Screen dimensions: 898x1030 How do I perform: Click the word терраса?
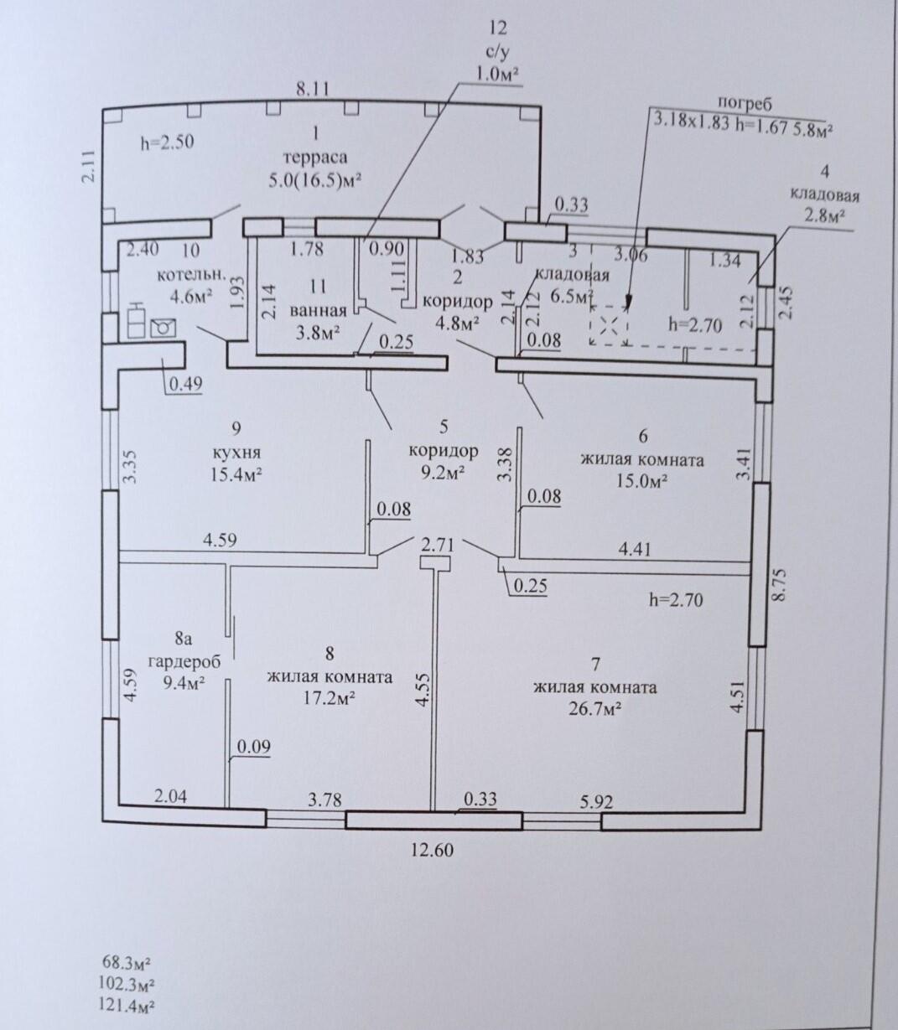[315, 158]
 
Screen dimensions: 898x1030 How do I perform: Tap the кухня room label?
[236, 452]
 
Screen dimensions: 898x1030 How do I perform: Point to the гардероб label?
[184, 662]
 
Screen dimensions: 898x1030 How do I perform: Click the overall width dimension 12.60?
[432, 850]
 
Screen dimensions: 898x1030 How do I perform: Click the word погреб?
[744, 106]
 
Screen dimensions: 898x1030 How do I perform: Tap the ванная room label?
[319, 310]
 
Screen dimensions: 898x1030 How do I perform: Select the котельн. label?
[192, 276]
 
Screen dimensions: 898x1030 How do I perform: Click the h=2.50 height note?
[167, 142]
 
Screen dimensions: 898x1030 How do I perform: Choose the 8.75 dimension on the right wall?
[779, 584]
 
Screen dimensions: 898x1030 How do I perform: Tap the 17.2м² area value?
[329, 698]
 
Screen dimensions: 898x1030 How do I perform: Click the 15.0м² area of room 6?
[642, 482]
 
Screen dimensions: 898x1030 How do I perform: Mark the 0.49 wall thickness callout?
[185, 384]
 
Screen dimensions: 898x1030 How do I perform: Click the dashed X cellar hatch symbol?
[609, 324]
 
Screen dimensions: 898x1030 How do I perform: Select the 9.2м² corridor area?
[444, 473]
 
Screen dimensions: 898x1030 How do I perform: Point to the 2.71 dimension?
[439, 545]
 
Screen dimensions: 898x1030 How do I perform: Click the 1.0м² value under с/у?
[496, 75]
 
